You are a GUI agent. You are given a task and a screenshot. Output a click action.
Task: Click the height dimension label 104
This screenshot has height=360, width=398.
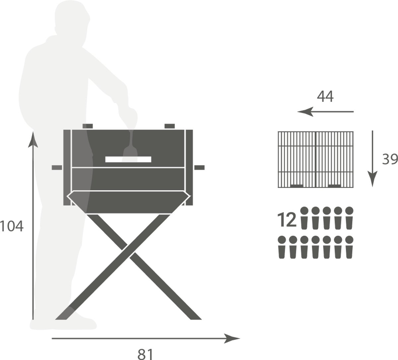[12, 226]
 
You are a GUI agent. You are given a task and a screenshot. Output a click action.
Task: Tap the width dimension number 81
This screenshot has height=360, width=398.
[145, 354]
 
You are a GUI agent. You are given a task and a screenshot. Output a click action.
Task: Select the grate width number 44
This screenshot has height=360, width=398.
[325, 96]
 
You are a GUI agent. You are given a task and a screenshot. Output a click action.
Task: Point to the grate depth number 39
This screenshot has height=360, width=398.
[390, 159]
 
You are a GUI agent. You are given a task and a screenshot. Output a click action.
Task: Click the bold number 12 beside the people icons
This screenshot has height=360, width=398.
[287, 219]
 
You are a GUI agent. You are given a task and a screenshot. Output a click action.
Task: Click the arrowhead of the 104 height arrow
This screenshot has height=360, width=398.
[33, 140]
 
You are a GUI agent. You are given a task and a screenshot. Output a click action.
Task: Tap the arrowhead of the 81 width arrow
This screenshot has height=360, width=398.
[232, 338]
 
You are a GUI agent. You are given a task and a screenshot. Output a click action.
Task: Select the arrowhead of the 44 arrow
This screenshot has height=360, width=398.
[305, 112]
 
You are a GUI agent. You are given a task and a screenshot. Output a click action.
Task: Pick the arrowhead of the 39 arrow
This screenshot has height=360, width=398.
[372, 179]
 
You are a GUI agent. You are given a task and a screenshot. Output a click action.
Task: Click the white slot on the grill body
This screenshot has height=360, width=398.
[128, 159]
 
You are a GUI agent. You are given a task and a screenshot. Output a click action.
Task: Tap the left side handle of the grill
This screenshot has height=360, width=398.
[57, 168]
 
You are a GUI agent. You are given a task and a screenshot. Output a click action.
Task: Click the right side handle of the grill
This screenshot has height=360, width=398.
[199, 168]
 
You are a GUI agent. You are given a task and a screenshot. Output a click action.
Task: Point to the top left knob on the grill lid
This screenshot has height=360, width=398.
[88, 126]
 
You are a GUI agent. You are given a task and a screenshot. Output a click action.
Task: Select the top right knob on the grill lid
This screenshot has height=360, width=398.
[169, 126]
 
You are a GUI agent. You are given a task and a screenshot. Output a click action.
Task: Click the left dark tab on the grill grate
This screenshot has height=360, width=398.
[297, 186]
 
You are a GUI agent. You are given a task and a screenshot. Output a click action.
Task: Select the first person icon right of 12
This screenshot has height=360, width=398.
[304, 218]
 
